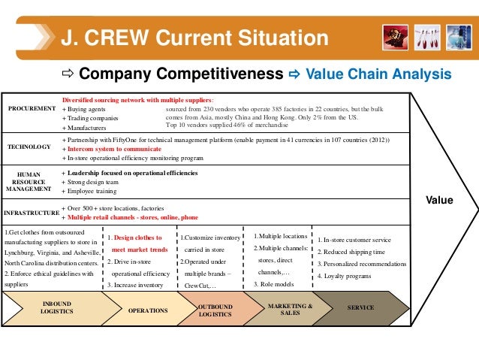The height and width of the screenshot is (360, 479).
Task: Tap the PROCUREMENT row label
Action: (32, 109)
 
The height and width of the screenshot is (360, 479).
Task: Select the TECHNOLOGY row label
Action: (29, 148)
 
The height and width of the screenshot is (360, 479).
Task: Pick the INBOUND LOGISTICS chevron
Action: (56, 308)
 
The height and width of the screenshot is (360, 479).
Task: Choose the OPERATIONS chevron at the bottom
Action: (148, 309)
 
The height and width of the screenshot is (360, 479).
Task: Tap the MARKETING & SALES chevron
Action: (290, 310)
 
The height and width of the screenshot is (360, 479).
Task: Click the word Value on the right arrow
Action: (439, 200)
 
